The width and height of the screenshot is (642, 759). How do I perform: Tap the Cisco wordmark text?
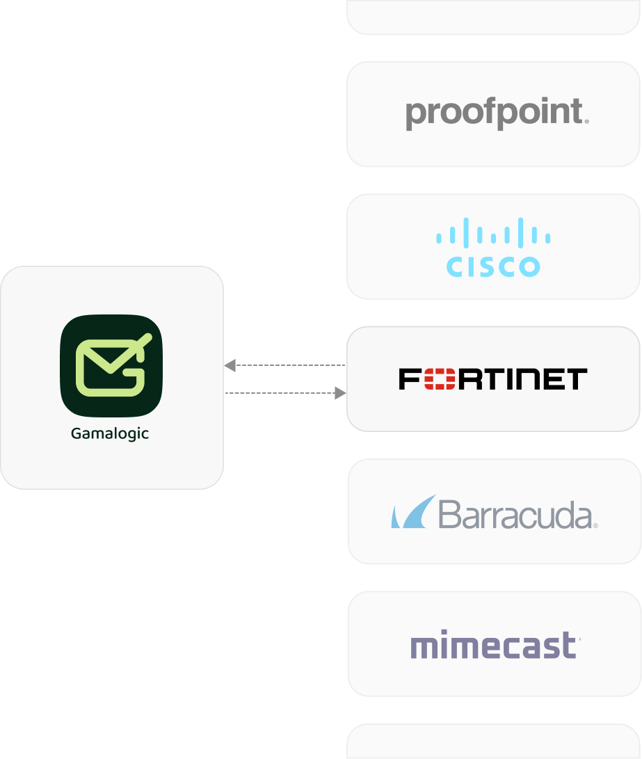point(493,266)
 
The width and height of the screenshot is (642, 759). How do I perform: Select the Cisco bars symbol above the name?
point(493,232)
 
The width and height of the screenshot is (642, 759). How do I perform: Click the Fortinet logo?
point(493,379)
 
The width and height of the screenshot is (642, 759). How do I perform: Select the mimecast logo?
point(495,646)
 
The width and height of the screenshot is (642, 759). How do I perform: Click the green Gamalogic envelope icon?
point(111,365)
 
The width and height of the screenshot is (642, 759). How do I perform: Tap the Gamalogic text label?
point(110,433)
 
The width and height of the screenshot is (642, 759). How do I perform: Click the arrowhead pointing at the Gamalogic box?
point(230,365)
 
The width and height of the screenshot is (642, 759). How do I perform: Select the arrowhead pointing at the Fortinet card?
point(340,394)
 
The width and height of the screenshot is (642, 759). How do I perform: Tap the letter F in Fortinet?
point(409,379)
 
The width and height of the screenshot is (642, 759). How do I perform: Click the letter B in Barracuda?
point(451,515)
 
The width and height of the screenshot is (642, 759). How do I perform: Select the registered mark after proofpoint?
point(587,122)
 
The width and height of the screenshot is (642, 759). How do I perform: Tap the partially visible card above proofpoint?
point(493,15)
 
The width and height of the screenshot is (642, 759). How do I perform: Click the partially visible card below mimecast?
point(493,742)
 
